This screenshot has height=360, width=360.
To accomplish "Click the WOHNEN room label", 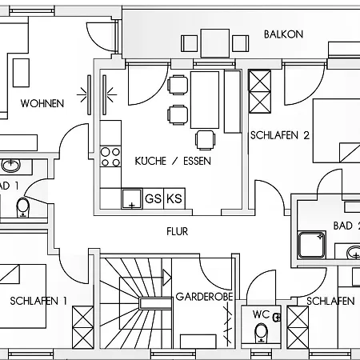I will tap(42, 103).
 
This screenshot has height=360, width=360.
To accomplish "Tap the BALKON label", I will tap(283, 34).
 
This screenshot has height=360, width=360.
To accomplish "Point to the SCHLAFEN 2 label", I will tap(279, 135).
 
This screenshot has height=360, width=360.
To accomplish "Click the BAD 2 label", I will tap(345, 226).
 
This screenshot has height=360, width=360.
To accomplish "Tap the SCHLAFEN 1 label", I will tap(39, 301).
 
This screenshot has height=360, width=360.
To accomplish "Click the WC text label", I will tap(261, 314).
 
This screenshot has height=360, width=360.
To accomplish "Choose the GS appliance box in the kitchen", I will tap(152, 198).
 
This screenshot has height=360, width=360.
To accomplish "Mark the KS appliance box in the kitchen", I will tap(174, 198).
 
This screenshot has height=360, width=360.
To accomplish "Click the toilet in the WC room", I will tap(261, 332).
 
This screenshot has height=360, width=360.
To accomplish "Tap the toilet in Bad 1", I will tap(22, 208).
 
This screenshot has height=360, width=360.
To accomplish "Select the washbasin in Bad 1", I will tap(11, 166).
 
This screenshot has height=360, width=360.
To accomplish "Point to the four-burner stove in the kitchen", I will tap(110, 155).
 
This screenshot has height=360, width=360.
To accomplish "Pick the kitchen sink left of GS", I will tap(131, 198).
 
